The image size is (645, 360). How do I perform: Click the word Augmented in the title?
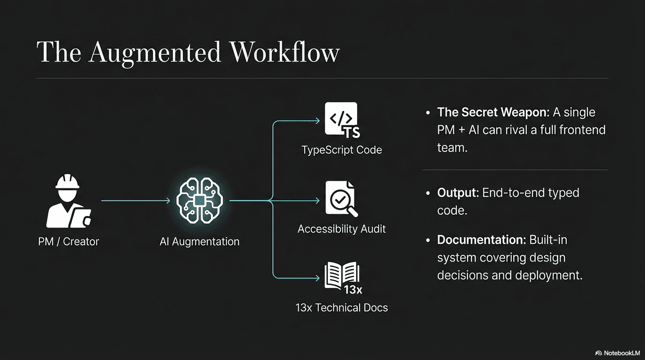point(155,52)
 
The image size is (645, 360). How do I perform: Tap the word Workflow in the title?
point(284,52)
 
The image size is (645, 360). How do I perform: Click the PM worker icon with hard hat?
point(69,201)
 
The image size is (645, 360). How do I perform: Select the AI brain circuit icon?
point(200,201)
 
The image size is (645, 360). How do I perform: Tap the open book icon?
point(342,277)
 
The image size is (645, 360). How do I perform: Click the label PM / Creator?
point(69,242)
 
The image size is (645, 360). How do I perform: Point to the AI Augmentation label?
point(200,242)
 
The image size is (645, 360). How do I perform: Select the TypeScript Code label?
point(342,150)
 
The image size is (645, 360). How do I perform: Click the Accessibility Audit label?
point(342,229)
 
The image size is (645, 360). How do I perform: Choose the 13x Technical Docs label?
point(342,308)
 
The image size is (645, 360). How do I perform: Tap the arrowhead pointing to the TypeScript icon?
point(317,121)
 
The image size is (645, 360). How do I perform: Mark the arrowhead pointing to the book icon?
point(317,278)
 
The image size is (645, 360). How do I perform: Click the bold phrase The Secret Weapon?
point(492,112)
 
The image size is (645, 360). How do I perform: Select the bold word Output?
point(456,193)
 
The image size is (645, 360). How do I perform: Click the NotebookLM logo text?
point(622,353)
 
